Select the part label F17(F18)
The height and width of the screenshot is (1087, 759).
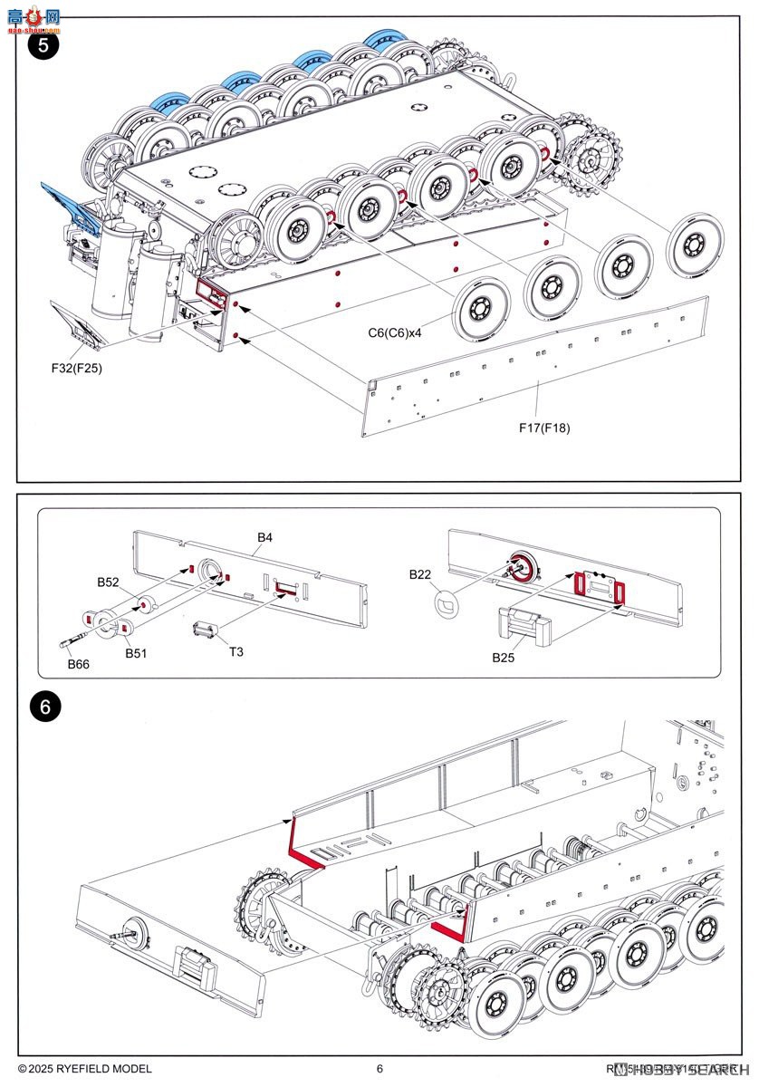[544, 428]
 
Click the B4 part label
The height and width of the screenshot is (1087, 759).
[264, 537]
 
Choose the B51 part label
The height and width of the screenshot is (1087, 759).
[137, 653]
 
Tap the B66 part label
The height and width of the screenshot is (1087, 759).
[80, 664]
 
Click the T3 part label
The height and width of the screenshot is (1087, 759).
[235, 651]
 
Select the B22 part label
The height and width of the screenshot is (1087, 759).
[419, 574]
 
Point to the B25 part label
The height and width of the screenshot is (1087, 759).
[504, 658]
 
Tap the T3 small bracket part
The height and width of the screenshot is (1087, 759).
[207, 630]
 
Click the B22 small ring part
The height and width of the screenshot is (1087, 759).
[447, 604]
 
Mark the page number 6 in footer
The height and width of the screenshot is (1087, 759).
[379, 1069]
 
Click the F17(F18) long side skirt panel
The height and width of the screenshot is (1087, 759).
[534, 367]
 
